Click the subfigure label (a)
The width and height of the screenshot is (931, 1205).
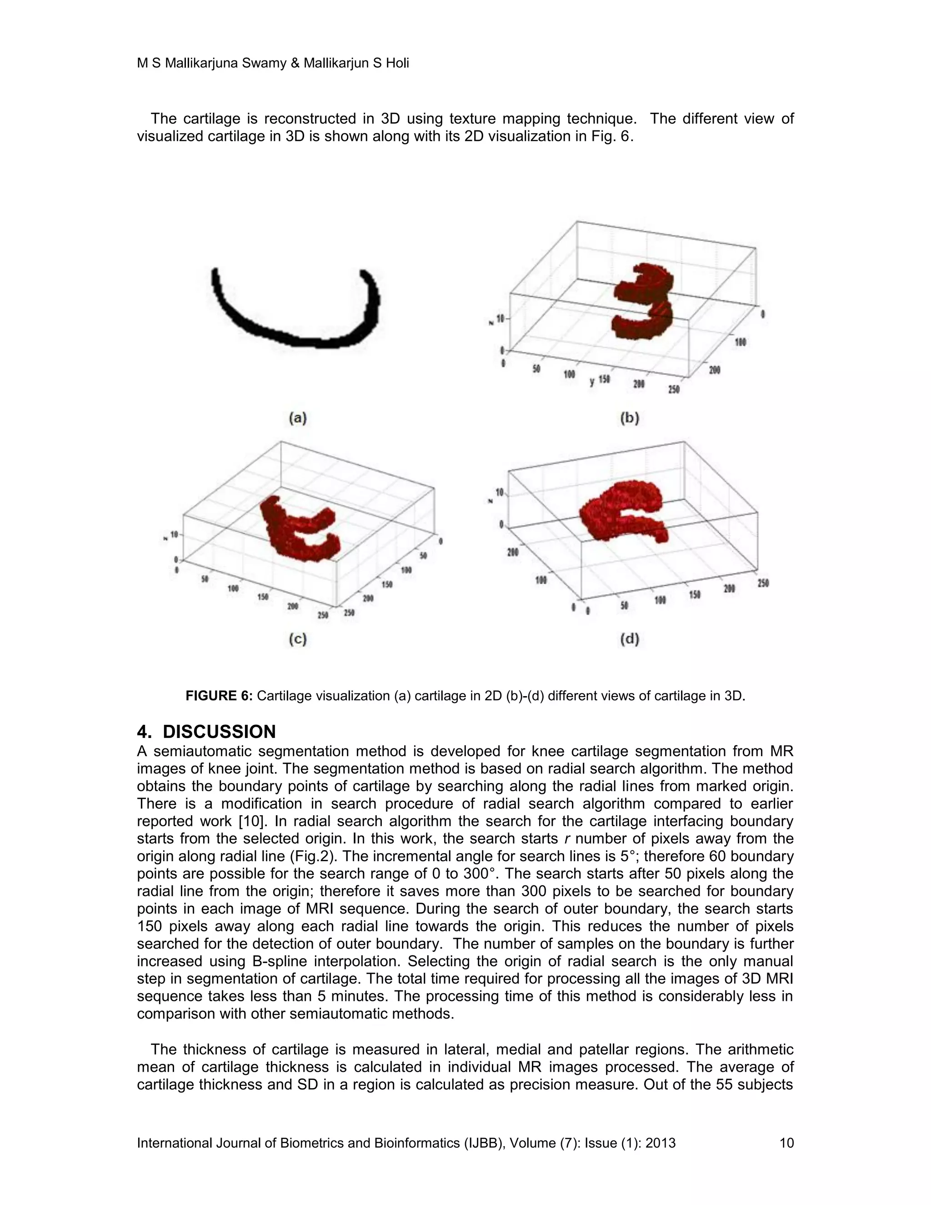[297, 418]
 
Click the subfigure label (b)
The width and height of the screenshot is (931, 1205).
[630, 418]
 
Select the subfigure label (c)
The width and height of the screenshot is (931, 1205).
[297, 639]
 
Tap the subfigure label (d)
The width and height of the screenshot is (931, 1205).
[630, 639]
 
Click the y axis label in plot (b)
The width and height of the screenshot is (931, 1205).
[592, 381]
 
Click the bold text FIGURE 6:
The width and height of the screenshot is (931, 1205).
[219, 696]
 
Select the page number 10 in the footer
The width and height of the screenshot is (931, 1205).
[786, 1143]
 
